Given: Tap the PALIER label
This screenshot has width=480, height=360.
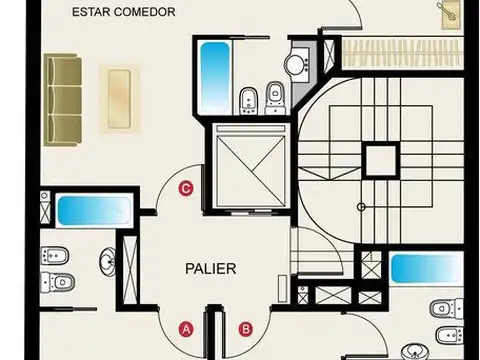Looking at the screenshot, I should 211,269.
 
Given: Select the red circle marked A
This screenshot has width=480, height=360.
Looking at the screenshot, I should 185,327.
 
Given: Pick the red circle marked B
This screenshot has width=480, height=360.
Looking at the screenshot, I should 246,327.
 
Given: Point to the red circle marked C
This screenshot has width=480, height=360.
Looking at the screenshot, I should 185,187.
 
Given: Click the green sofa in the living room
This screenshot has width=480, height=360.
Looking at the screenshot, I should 63,98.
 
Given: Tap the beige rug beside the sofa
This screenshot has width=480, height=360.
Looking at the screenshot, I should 118,98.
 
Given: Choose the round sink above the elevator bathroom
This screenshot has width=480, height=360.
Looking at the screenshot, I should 296,65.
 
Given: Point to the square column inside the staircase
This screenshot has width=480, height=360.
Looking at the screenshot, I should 380,159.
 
